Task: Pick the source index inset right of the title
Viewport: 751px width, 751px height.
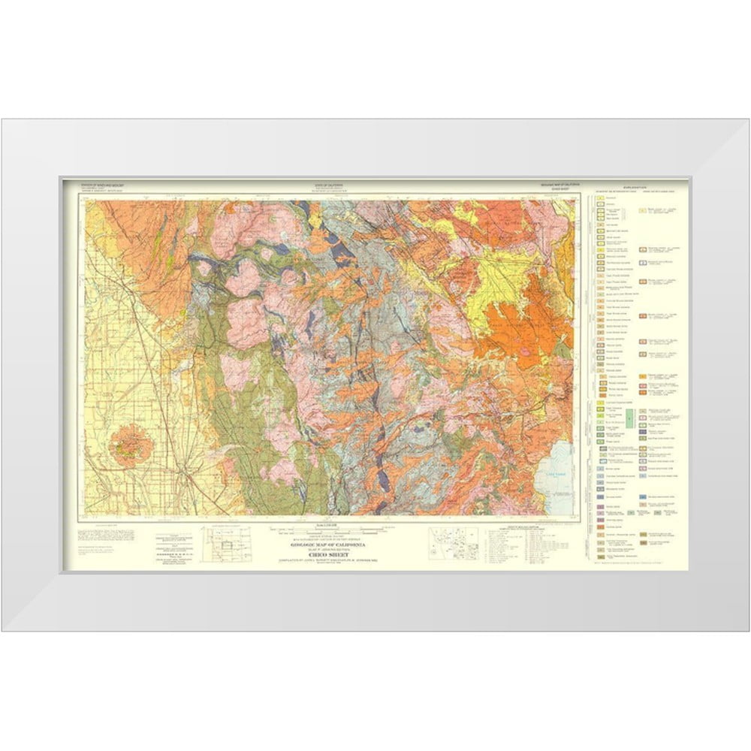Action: (452, 542)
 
